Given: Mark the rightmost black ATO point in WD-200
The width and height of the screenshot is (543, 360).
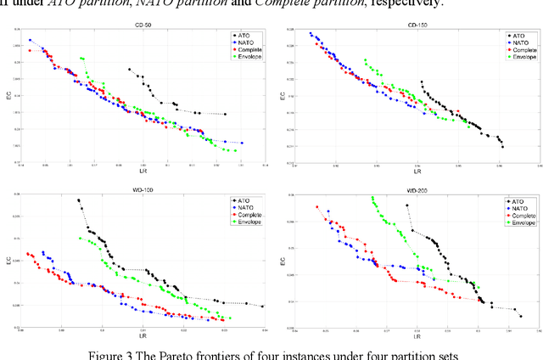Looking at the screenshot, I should (x=520, y=317).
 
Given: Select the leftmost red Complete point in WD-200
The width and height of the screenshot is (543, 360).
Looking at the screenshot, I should (x=317, y=206).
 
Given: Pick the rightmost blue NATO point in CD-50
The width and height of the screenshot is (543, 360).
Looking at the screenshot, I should (x=242, y=143).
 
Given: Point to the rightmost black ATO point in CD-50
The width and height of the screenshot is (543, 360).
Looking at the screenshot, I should (x=225, y=114).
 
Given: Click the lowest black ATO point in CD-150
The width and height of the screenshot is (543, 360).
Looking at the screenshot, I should (x=502, y=147).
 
